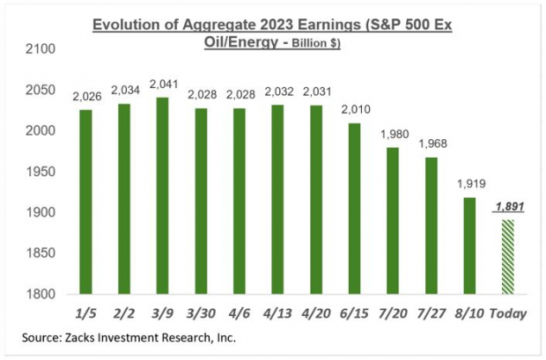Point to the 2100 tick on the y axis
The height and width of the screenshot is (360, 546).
(41, 49)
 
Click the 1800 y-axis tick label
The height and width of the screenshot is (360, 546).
(41, 294)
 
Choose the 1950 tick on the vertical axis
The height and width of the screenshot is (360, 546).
(41, 172)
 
